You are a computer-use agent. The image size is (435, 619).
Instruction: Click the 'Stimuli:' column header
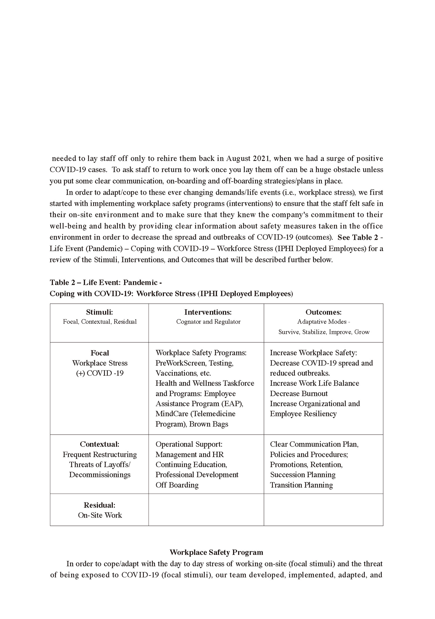click(99, 312)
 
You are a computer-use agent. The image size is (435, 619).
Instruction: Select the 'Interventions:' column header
click(208, 312)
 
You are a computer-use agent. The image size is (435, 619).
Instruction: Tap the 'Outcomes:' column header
click(324, 312)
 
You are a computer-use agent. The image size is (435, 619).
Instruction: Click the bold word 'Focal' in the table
click(100, 353)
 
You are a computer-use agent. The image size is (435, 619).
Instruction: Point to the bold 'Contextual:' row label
click(100, 444)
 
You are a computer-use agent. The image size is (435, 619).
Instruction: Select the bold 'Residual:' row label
click(100, 505)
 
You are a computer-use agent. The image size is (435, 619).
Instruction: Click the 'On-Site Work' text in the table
click(100, 515)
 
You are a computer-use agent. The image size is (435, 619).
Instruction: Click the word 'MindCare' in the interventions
click(172, 414)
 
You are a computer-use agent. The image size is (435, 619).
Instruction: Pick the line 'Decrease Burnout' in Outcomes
click(299, 393)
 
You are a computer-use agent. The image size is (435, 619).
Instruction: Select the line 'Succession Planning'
click(303, 475)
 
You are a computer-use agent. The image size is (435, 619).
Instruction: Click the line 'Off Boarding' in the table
click(177, 485)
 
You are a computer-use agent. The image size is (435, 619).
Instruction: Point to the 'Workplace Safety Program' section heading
click(216, 552)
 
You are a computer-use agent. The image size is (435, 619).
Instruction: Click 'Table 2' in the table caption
click(63, 282)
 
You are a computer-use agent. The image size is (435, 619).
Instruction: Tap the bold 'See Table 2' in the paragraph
click(358, 237)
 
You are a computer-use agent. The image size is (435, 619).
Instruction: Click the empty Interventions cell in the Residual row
click(206, 510)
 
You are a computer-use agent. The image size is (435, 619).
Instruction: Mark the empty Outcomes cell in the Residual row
click(324, 510)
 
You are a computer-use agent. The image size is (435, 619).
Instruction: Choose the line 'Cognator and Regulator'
click(208, 321)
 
